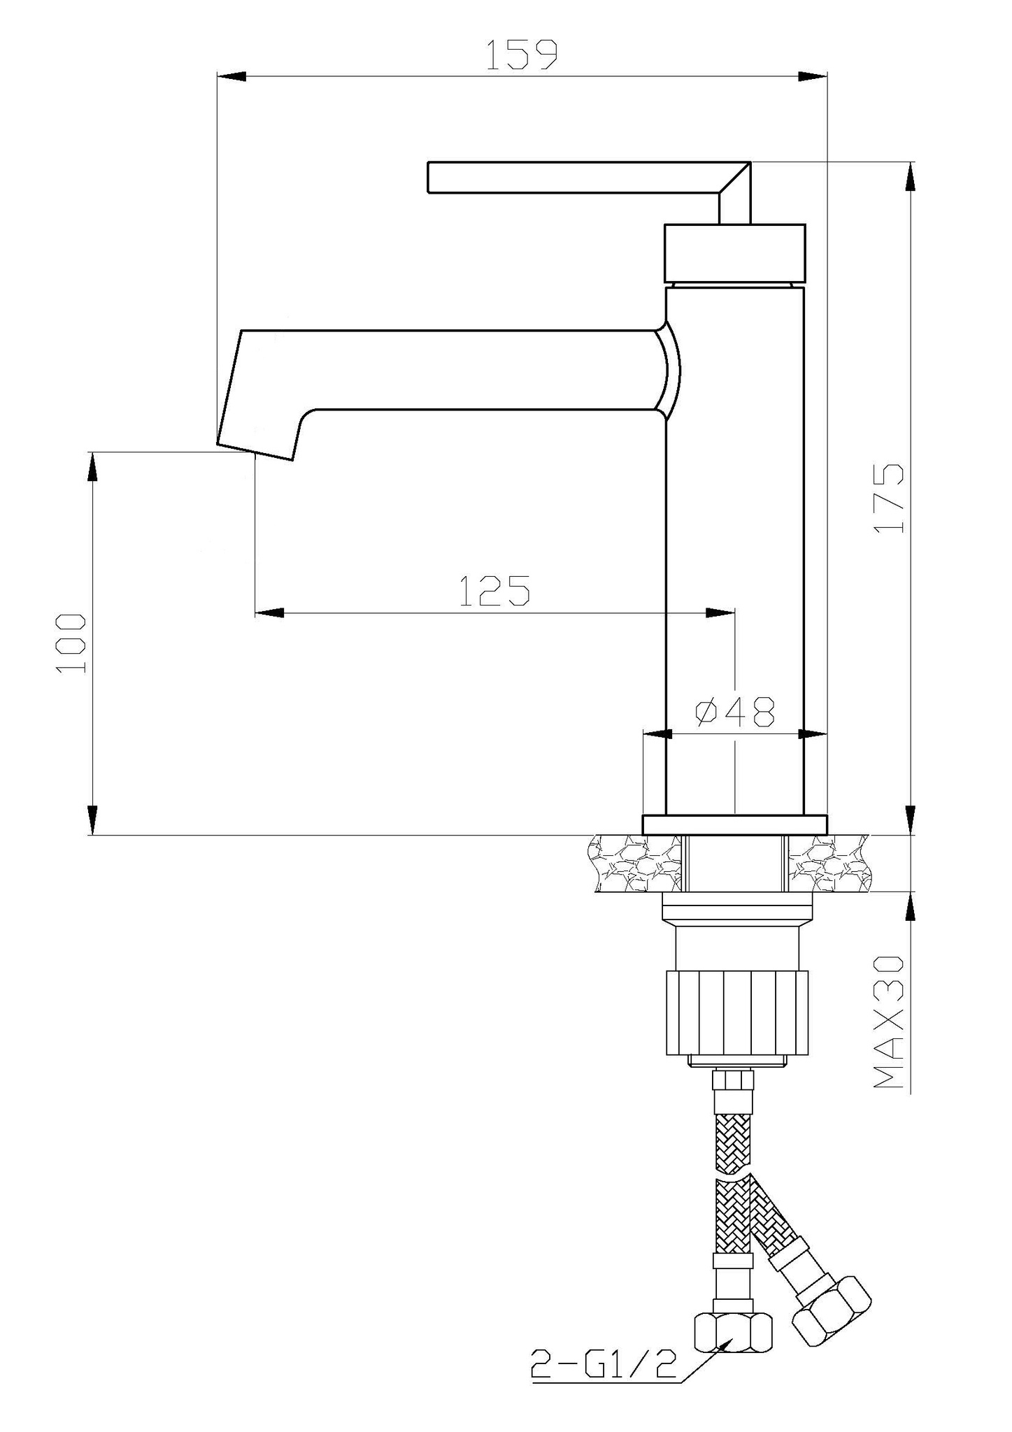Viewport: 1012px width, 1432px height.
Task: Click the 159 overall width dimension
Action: (522, 55)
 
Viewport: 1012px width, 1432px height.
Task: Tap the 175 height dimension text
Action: (889, 498)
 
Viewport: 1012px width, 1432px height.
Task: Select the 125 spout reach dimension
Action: (494, 590)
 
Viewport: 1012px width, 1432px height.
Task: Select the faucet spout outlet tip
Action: (255, 451)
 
